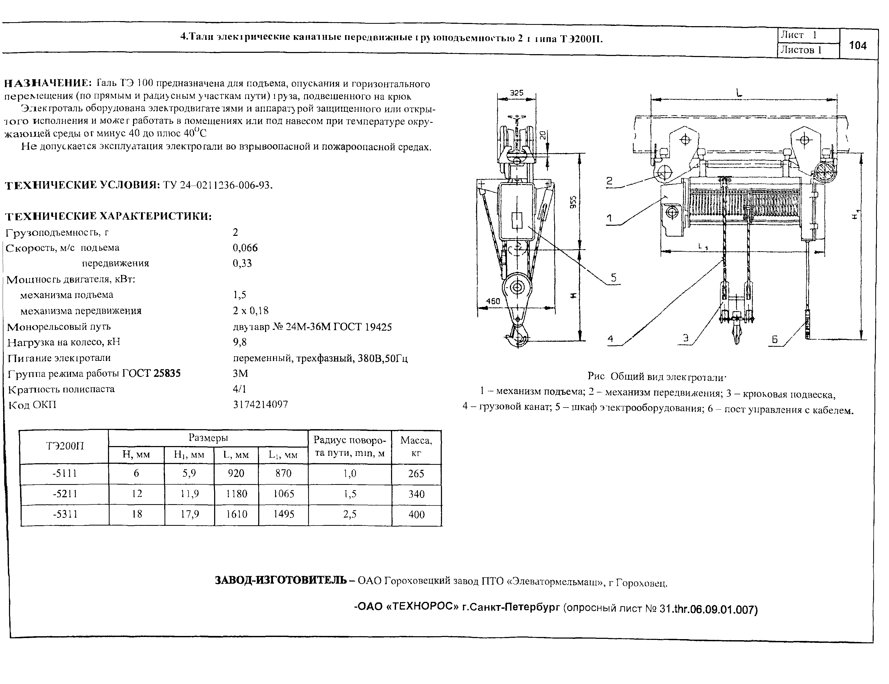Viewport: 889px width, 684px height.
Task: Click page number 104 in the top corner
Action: coord(858,45)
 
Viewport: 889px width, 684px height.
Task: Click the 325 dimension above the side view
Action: coord(516,93)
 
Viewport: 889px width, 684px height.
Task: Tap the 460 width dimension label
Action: coord(493,301)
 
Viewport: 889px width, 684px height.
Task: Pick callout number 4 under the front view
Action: coord(610,339)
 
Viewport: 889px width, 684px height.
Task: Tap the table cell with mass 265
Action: coord(416,474)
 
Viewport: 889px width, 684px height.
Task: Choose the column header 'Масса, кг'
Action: coord(416,447)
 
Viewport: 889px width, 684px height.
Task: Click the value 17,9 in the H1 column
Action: coord(190,514)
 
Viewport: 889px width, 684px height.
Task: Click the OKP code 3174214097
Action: coord(261,405)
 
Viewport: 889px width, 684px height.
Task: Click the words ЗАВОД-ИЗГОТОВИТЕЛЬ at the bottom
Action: coord(281,580)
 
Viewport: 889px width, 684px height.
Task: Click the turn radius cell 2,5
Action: coord(350,514)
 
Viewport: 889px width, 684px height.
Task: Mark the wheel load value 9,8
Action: coord(240,342)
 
